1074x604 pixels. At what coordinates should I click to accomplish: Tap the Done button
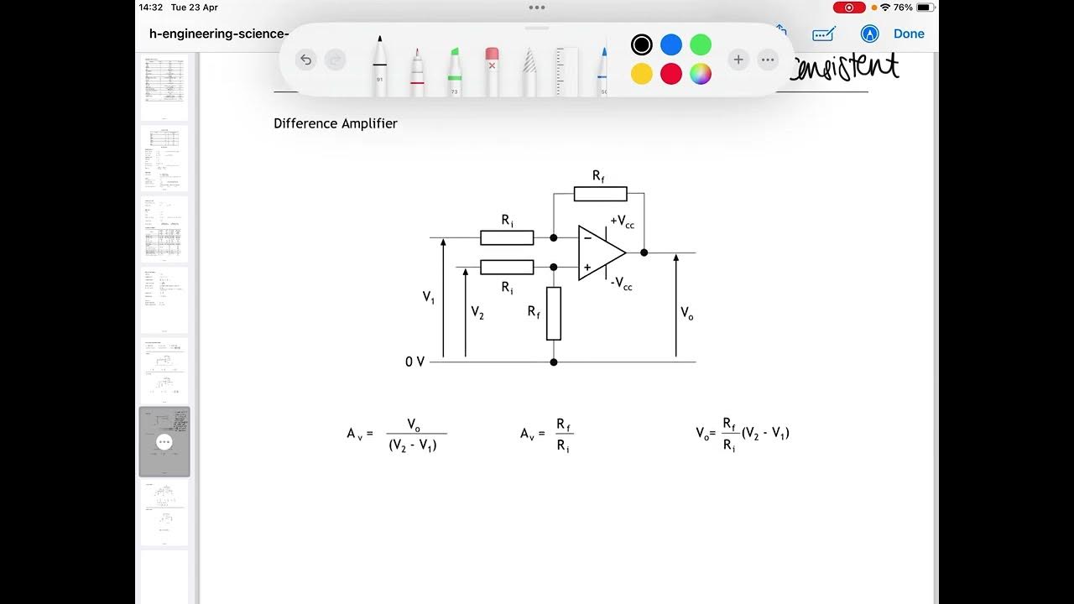pos(909,34)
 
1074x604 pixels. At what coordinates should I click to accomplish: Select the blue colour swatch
pos(671,44)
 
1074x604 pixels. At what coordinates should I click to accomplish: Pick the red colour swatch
pos(671,74)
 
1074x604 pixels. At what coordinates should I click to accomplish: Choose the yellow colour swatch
pos(642,74)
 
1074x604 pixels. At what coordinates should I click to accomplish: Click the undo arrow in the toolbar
pos(306,60)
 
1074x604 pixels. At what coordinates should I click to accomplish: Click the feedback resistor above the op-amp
pos(600,194)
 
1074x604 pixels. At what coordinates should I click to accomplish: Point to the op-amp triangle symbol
pos(600,253)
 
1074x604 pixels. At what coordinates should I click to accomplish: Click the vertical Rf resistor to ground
pos(554,313)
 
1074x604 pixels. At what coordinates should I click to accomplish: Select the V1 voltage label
pos(429,297)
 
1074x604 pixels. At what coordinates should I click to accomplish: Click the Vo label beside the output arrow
pos(687,313)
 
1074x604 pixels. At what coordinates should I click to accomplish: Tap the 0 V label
pos(415,362)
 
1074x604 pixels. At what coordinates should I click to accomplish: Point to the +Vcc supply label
pos(623,221)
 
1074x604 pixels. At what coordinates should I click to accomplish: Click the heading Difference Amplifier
pos(336,123)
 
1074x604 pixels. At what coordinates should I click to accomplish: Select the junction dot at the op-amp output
pos(644,253)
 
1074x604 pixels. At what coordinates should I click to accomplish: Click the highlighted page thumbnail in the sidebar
pos(164,442)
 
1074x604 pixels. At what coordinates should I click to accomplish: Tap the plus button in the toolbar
pos(738,60)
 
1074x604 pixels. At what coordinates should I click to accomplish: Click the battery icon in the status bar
pos(926,8)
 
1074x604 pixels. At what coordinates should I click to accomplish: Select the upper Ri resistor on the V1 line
pos(507,237)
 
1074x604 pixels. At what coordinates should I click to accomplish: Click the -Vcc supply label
pos(622,284)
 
